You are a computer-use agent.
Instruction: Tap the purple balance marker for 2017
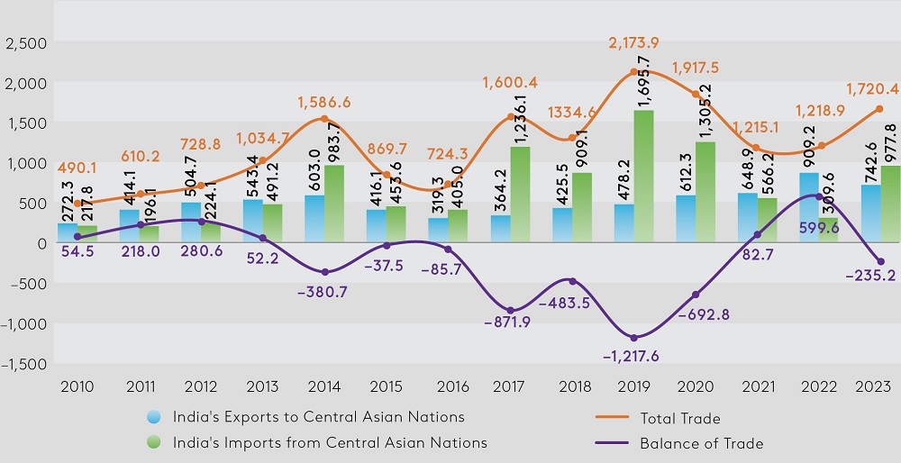point(509,311)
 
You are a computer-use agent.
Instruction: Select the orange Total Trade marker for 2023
point(879,109)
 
